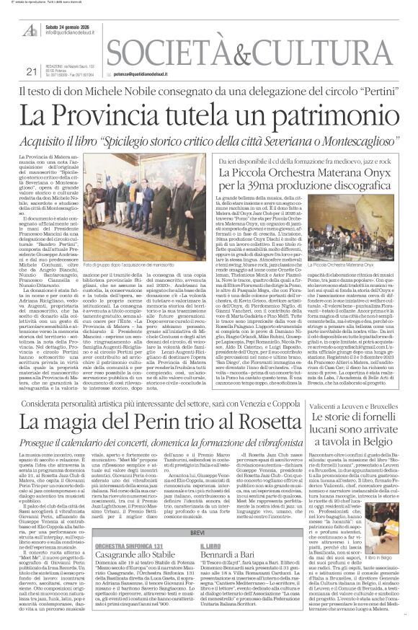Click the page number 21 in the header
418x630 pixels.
[30, 71]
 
